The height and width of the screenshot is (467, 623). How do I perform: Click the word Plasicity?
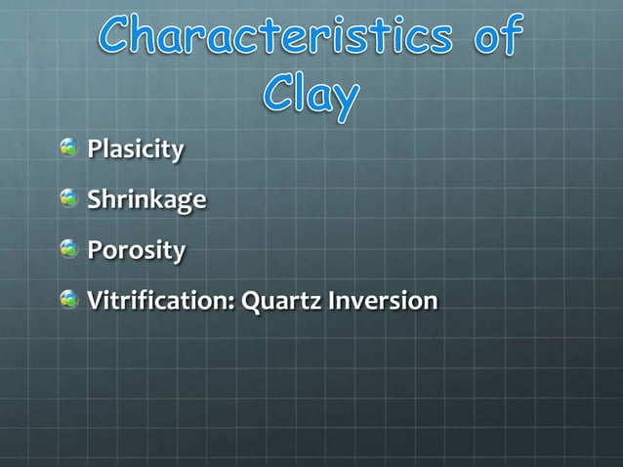coord(135,150)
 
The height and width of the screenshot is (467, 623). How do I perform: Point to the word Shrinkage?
coord(146,201)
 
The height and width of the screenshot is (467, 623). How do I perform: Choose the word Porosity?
coord(136,251)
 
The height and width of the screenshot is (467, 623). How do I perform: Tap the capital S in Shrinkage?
coord(95,200)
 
